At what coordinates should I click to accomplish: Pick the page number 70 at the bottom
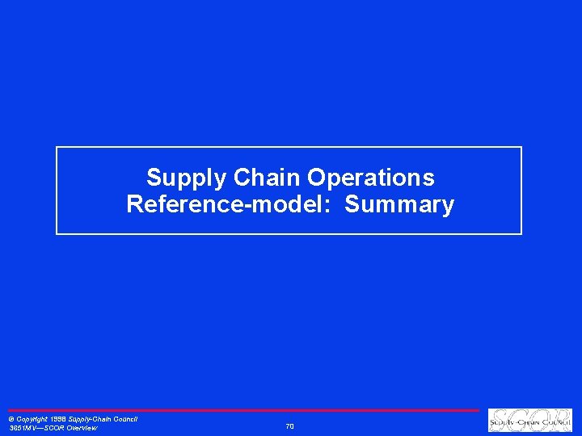pos(290,426)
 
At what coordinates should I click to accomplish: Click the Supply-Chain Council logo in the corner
pos(529,421)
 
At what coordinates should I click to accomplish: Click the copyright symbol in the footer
pos(11,420)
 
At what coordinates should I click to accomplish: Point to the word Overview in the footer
pos(82,429)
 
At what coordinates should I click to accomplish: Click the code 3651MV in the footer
pos(23,429)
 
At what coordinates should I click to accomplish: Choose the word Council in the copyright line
pos(124,420)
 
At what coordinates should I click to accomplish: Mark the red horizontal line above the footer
pos(242,410)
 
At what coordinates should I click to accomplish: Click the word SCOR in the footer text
pos(54,429)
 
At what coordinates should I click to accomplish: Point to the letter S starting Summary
pos(352,205)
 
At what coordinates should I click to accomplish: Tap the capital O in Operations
pos(318,178)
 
